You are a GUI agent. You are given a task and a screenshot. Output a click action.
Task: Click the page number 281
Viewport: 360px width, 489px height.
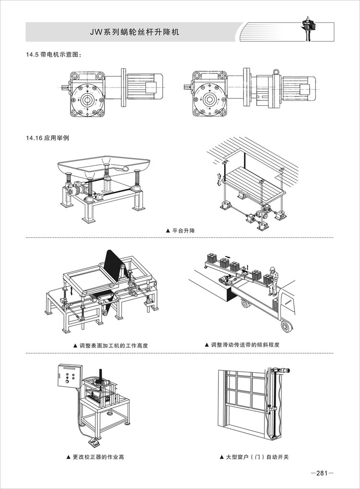pyautogui.click(x=322, y=473)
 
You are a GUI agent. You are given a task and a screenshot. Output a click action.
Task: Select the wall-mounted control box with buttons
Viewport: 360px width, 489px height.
pyautogui.click(x=67, y=378)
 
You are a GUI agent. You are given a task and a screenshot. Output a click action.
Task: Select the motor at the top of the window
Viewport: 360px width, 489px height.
pyautogui.click(x=282, y=370)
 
